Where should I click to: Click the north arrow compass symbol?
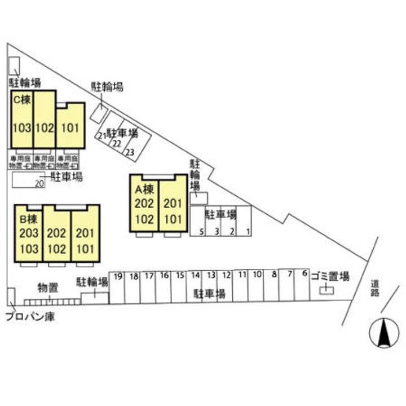coord(383,333)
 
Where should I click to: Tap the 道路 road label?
coord(375,288)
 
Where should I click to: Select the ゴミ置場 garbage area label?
coord(330,276)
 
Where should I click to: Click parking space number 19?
coord(118,276)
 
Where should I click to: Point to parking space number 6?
coord(305,273)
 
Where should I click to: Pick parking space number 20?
coord(39,183)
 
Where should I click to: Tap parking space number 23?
coord(130,152)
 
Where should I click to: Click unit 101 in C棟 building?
coord(69,127)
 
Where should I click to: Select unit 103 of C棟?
coord(22,127)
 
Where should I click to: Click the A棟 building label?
coord(144,189)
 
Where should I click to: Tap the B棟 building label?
coord(28,219)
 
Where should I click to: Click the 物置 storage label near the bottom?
coord(47,286)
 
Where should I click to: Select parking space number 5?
coord(201,231)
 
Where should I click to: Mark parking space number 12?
coord(226,275)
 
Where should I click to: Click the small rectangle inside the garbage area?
coord(326,290)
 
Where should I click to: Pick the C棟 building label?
coord(23,98)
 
